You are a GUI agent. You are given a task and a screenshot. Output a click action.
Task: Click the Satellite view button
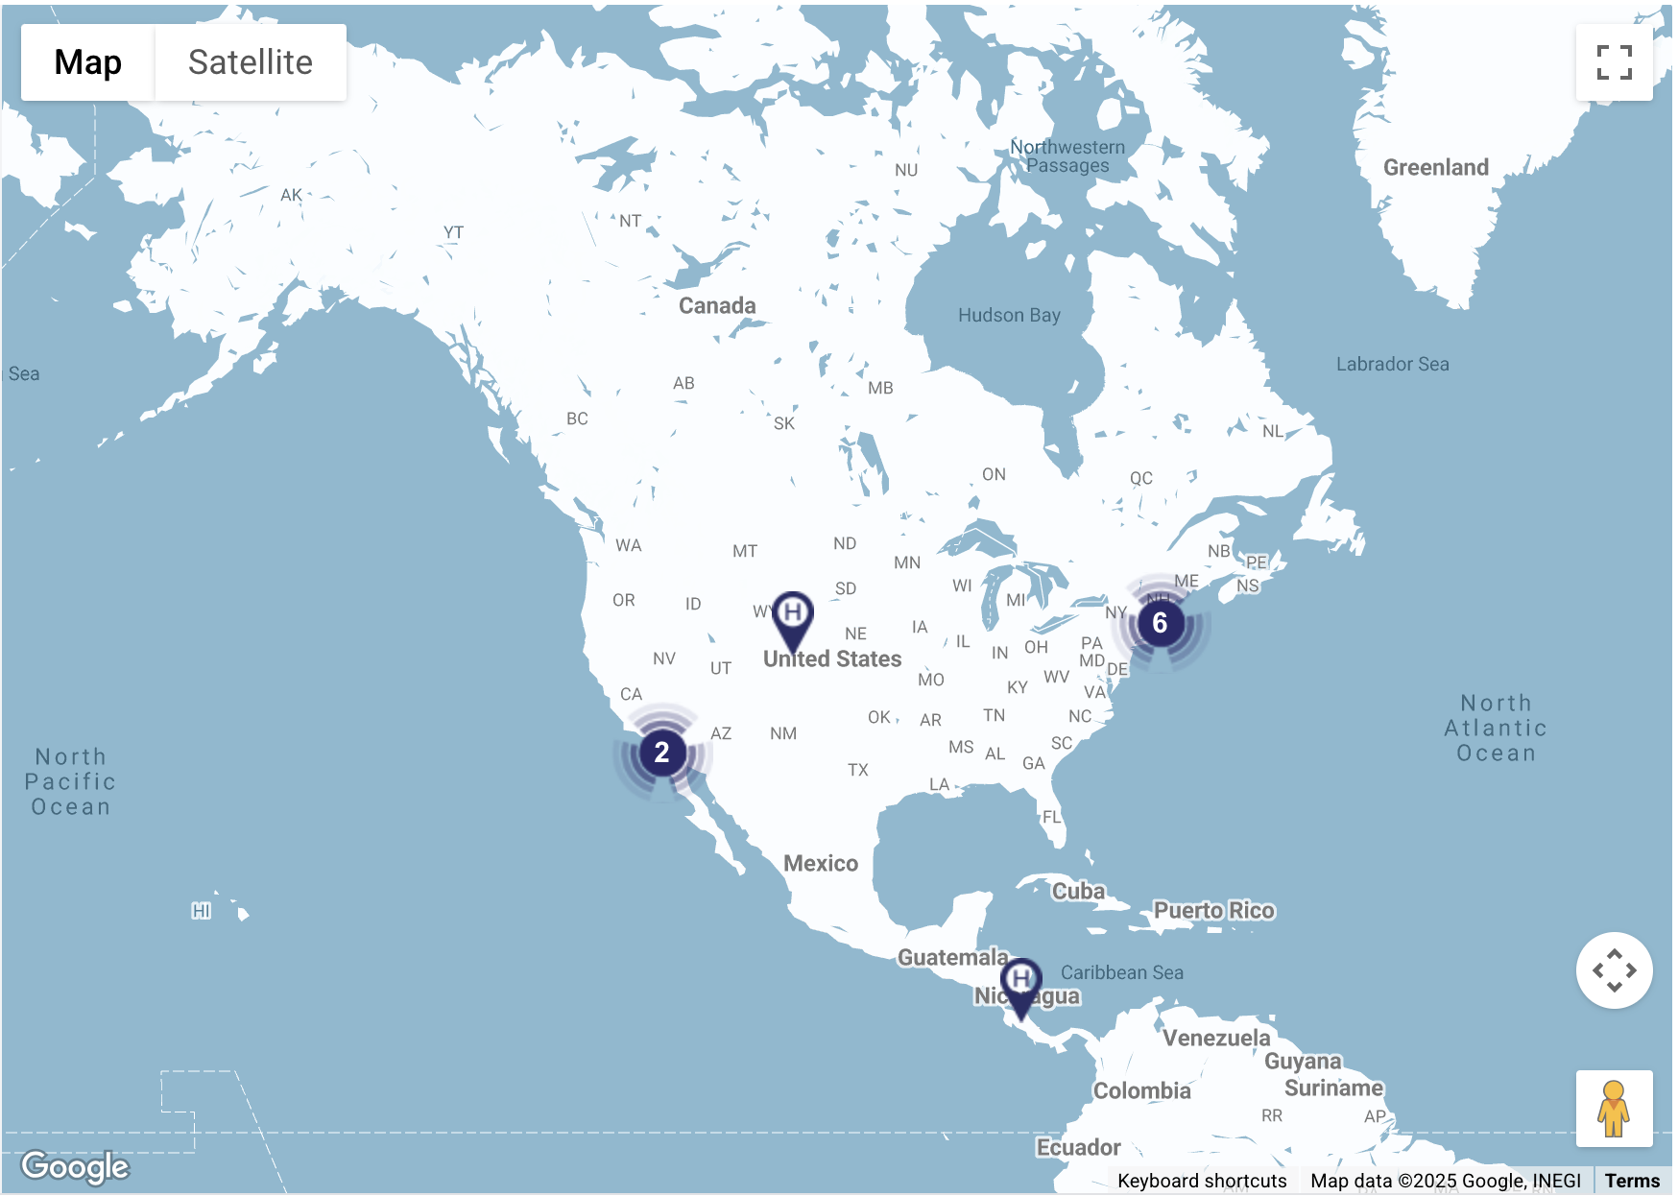coord(250,62)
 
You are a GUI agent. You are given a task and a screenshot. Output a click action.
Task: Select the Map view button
coord(87,62)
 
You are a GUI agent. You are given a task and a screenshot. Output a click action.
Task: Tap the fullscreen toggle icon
coord(1614,62)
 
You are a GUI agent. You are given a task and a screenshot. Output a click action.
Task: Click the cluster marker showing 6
coord(1160,623)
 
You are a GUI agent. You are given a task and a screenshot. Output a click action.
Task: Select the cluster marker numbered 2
coord(661,752)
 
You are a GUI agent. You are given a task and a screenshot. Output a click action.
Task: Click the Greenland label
coord(1435,167)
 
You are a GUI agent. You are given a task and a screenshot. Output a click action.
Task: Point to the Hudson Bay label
coord(1009,315)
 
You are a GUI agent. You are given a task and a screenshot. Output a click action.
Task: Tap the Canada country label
coord(717,305)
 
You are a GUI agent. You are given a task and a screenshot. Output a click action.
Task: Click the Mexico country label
coord(821,863)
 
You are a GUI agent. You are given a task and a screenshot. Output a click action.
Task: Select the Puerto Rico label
coord(1213,910)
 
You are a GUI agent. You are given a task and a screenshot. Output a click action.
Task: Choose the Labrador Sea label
coord(1392,364)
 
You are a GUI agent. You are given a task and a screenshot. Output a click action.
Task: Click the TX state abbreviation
coord(858,770)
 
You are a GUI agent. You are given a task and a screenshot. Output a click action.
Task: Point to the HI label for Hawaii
coord(201,910)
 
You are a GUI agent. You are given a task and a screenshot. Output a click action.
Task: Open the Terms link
coord(1631,1181)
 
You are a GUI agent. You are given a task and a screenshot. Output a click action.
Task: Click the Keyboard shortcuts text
coord(1202,1181)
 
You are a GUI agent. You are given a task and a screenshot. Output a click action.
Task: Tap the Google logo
coord(75,1166)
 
